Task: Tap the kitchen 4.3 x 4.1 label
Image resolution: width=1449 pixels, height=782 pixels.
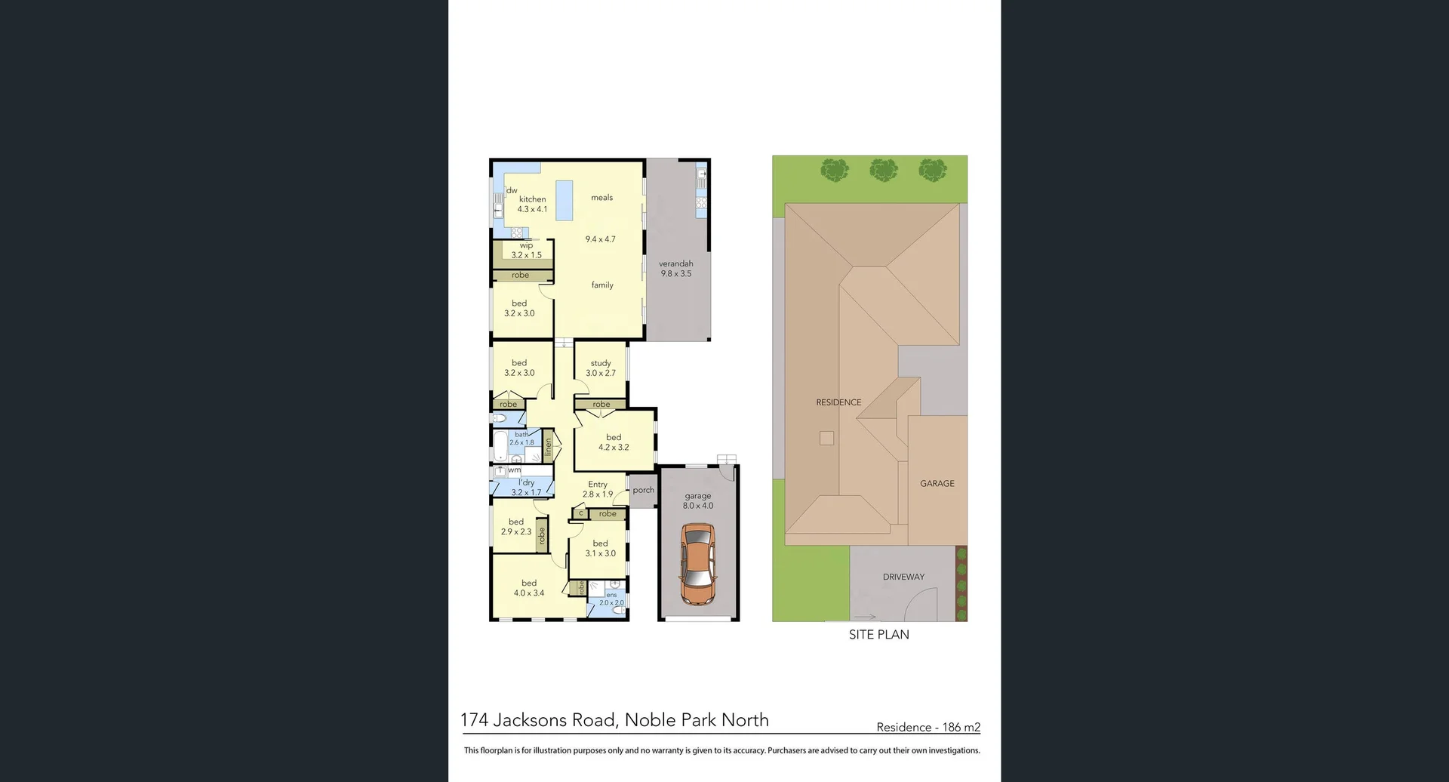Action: (532, 205)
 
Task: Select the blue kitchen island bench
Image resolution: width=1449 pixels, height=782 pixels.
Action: (564, 200)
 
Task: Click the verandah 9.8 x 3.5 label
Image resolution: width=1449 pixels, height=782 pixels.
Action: (675, 269)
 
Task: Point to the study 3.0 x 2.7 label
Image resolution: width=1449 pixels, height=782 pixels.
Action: (601, 368)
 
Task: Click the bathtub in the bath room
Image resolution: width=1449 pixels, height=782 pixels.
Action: (500, 446)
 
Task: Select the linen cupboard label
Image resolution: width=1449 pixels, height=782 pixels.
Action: (549, 447)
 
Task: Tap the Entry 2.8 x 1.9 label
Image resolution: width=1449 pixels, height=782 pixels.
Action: (598, 489)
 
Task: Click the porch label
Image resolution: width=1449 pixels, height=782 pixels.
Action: (644, 490)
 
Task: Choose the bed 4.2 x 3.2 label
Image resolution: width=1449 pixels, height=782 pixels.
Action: (614, 442)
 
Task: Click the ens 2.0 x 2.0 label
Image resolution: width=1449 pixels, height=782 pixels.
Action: (611, 599)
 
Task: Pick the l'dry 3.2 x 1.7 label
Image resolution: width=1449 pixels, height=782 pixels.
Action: (526, 488)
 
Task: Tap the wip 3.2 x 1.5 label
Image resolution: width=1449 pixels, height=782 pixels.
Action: (526, 251)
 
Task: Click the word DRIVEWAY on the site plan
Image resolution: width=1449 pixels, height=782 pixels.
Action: (903, 577)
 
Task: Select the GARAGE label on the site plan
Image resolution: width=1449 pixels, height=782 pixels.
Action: (937, 483)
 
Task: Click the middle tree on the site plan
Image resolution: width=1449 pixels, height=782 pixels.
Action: (884, 170)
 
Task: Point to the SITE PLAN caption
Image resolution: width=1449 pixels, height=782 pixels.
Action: (878, 635)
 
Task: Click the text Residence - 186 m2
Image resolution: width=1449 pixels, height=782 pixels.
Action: (928, 728)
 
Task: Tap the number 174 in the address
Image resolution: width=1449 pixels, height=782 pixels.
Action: (475, 720)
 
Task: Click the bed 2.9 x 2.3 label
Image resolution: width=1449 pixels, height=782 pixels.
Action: (516, 527)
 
